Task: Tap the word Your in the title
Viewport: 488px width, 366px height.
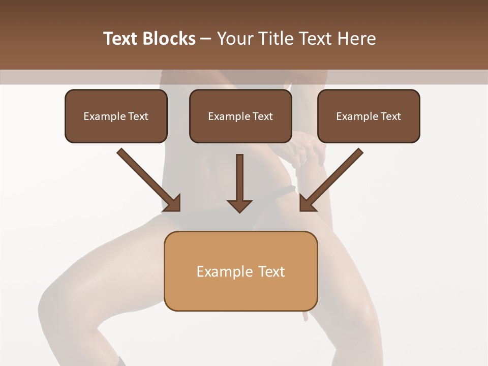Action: point(232,39)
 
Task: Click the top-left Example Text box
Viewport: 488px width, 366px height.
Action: point(116,116)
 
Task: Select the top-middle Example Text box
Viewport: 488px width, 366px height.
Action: point(240,116)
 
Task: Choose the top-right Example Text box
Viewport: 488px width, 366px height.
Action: point(369,116)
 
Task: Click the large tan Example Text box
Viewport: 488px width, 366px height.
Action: point(240,271)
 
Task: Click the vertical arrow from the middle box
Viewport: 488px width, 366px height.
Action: point(239,178)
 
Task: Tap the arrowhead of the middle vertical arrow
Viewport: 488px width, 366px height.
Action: point(239,205)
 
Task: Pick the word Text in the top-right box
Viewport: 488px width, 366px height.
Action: point(390,116)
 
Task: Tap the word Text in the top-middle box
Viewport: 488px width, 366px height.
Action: point(262,116)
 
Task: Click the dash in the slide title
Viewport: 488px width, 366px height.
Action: point(206,39)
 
